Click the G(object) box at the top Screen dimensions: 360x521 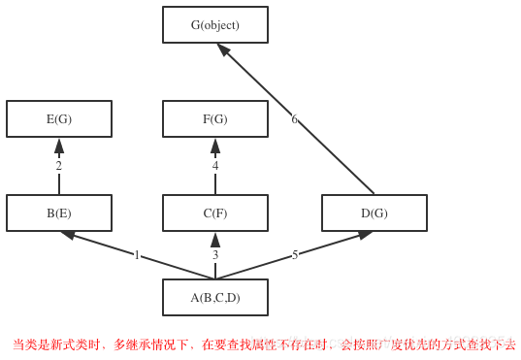tap(214, 25)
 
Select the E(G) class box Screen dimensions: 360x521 tap(59, 119)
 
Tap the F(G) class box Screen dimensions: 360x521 tap(214, 119)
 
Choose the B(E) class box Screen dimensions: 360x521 tap(59, 213)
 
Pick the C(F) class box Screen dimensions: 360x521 tap(214, 213)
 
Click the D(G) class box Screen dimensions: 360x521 tap(374, 213)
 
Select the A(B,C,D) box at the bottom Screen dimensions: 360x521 tap(214, 298)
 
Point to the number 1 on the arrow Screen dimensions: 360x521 tap(137, 255)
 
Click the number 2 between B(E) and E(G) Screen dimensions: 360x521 tap(58, 166)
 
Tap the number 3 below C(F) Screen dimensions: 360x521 tap(215, 255)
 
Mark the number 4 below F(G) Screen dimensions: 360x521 tap(215, 166)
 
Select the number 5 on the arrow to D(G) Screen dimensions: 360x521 tap(295, 255)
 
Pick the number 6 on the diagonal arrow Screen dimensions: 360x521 tap(295, 119)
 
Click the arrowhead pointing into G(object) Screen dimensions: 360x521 tap(223, 49)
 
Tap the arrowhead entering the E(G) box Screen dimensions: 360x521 tap(59, 146)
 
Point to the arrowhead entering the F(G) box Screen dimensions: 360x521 tap(215, 146)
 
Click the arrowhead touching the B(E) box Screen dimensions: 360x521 tap(69, 235)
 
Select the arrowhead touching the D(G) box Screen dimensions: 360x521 tap(365, 235)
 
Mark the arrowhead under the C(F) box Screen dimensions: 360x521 tap(215, 240)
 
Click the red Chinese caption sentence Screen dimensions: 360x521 tap(263, 344)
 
